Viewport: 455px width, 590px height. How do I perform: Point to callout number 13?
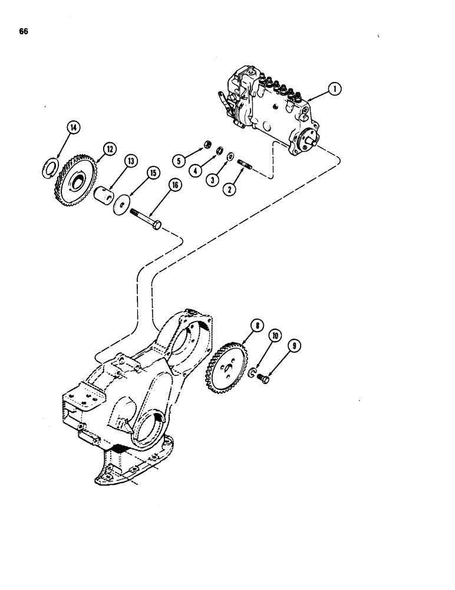(x=130, y=161)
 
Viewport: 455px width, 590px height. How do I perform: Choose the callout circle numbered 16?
(x=174, y=185)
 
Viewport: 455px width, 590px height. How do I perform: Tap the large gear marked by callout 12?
(x=73, y=178)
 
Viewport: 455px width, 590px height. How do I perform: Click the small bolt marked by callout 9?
(x=263, y=380)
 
